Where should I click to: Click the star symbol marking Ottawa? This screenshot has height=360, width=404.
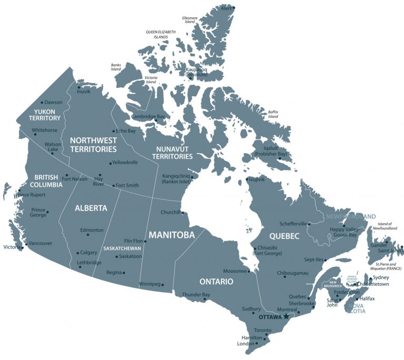click(286, 317)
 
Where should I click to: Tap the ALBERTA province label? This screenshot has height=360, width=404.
click(90, 208)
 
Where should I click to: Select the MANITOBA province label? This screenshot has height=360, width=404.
click(171, 235)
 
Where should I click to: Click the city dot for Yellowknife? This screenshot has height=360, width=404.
click(110, 163)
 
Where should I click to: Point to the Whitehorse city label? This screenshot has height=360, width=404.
click(45, 130)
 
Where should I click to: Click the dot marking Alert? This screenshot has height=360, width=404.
click(234, 7)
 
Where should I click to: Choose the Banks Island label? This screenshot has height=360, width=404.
click(116, 67)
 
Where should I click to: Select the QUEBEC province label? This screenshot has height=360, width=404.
click(284, 235)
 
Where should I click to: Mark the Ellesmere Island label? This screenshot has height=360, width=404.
click(189, 19)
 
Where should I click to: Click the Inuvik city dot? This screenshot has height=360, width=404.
click(78, 87)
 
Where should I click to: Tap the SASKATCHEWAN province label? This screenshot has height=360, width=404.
click(122, 248)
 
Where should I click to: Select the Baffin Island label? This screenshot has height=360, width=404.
click(273, 114)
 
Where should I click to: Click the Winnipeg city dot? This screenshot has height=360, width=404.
click(163, 285)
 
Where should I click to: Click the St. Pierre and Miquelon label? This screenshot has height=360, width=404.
click(388, 266)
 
